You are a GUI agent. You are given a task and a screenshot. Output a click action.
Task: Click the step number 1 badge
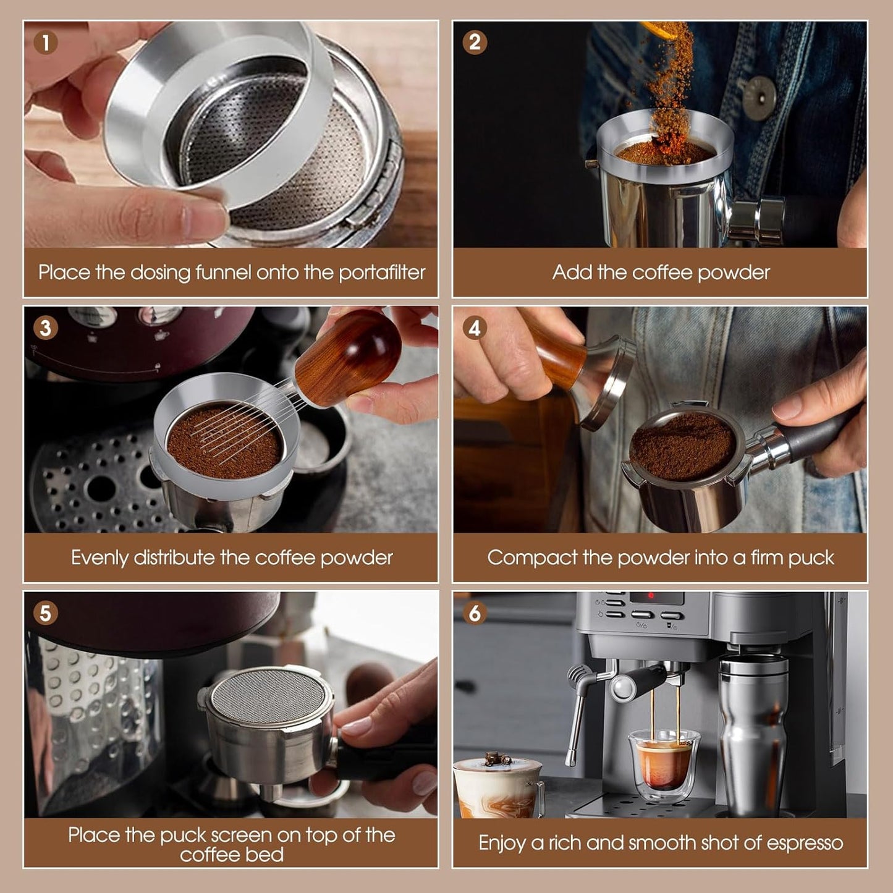point(46,43)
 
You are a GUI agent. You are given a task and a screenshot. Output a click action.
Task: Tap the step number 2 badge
point(475,43)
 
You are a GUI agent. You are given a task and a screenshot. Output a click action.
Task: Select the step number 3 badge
point(46,328)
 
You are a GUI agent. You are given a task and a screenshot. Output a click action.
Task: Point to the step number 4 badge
point(475,328)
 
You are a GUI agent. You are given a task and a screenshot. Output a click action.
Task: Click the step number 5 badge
point(46,613)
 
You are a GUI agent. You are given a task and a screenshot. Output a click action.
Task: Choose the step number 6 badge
point(475,613)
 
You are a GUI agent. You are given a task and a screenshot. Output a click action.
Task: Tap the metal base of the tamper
point(609,383)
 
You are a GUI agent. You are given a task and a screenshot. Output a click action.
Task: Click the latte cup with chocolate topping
point(498,788)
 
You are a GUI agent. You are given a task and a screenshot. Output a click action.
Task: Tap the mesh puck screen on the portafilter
point(268,695)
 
